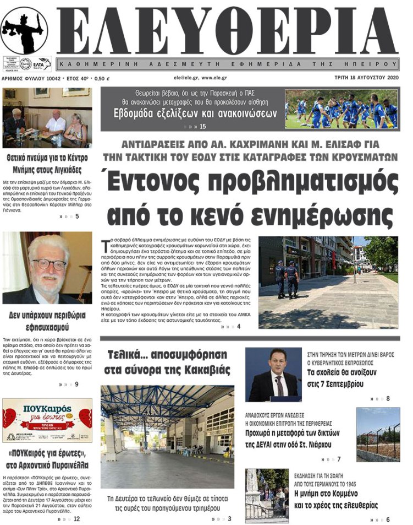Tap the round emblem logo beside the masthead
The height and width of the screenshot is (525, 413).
coord(24,30)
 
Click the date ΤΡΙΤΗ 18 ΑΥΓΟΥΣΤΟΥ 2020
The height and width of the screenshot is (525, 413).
coord(366,78)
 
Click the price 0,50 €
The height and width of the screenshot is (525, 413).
coord(99,78)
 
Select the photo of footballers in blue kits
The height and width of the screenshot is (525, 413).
coord(341,109)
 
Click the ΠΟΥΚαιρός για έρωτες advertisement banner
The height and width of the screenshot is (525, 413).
coord(47,420)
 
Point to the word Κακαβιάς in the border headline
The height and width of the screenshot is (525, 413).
coord(202,370)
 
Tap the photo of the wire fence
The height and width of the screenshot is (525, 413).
coord(378,434)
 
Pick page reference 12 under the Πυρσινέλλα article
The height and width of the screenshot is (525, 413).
coord(76,518)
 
